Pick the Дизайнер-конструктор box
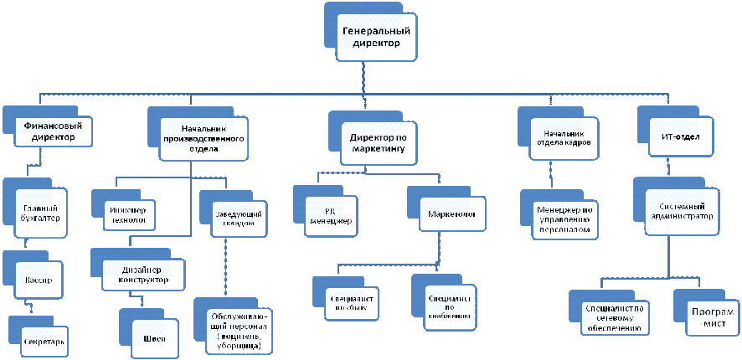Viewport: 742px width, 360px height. pyautogui.click(x=139, y=275)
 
